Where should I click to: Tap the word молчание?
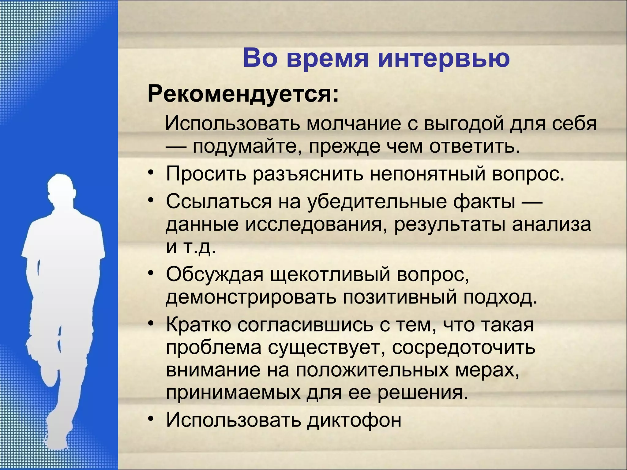354,124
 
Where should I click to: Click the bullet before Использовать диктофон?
150,419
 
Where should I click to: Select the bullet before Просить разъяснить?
150,173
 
